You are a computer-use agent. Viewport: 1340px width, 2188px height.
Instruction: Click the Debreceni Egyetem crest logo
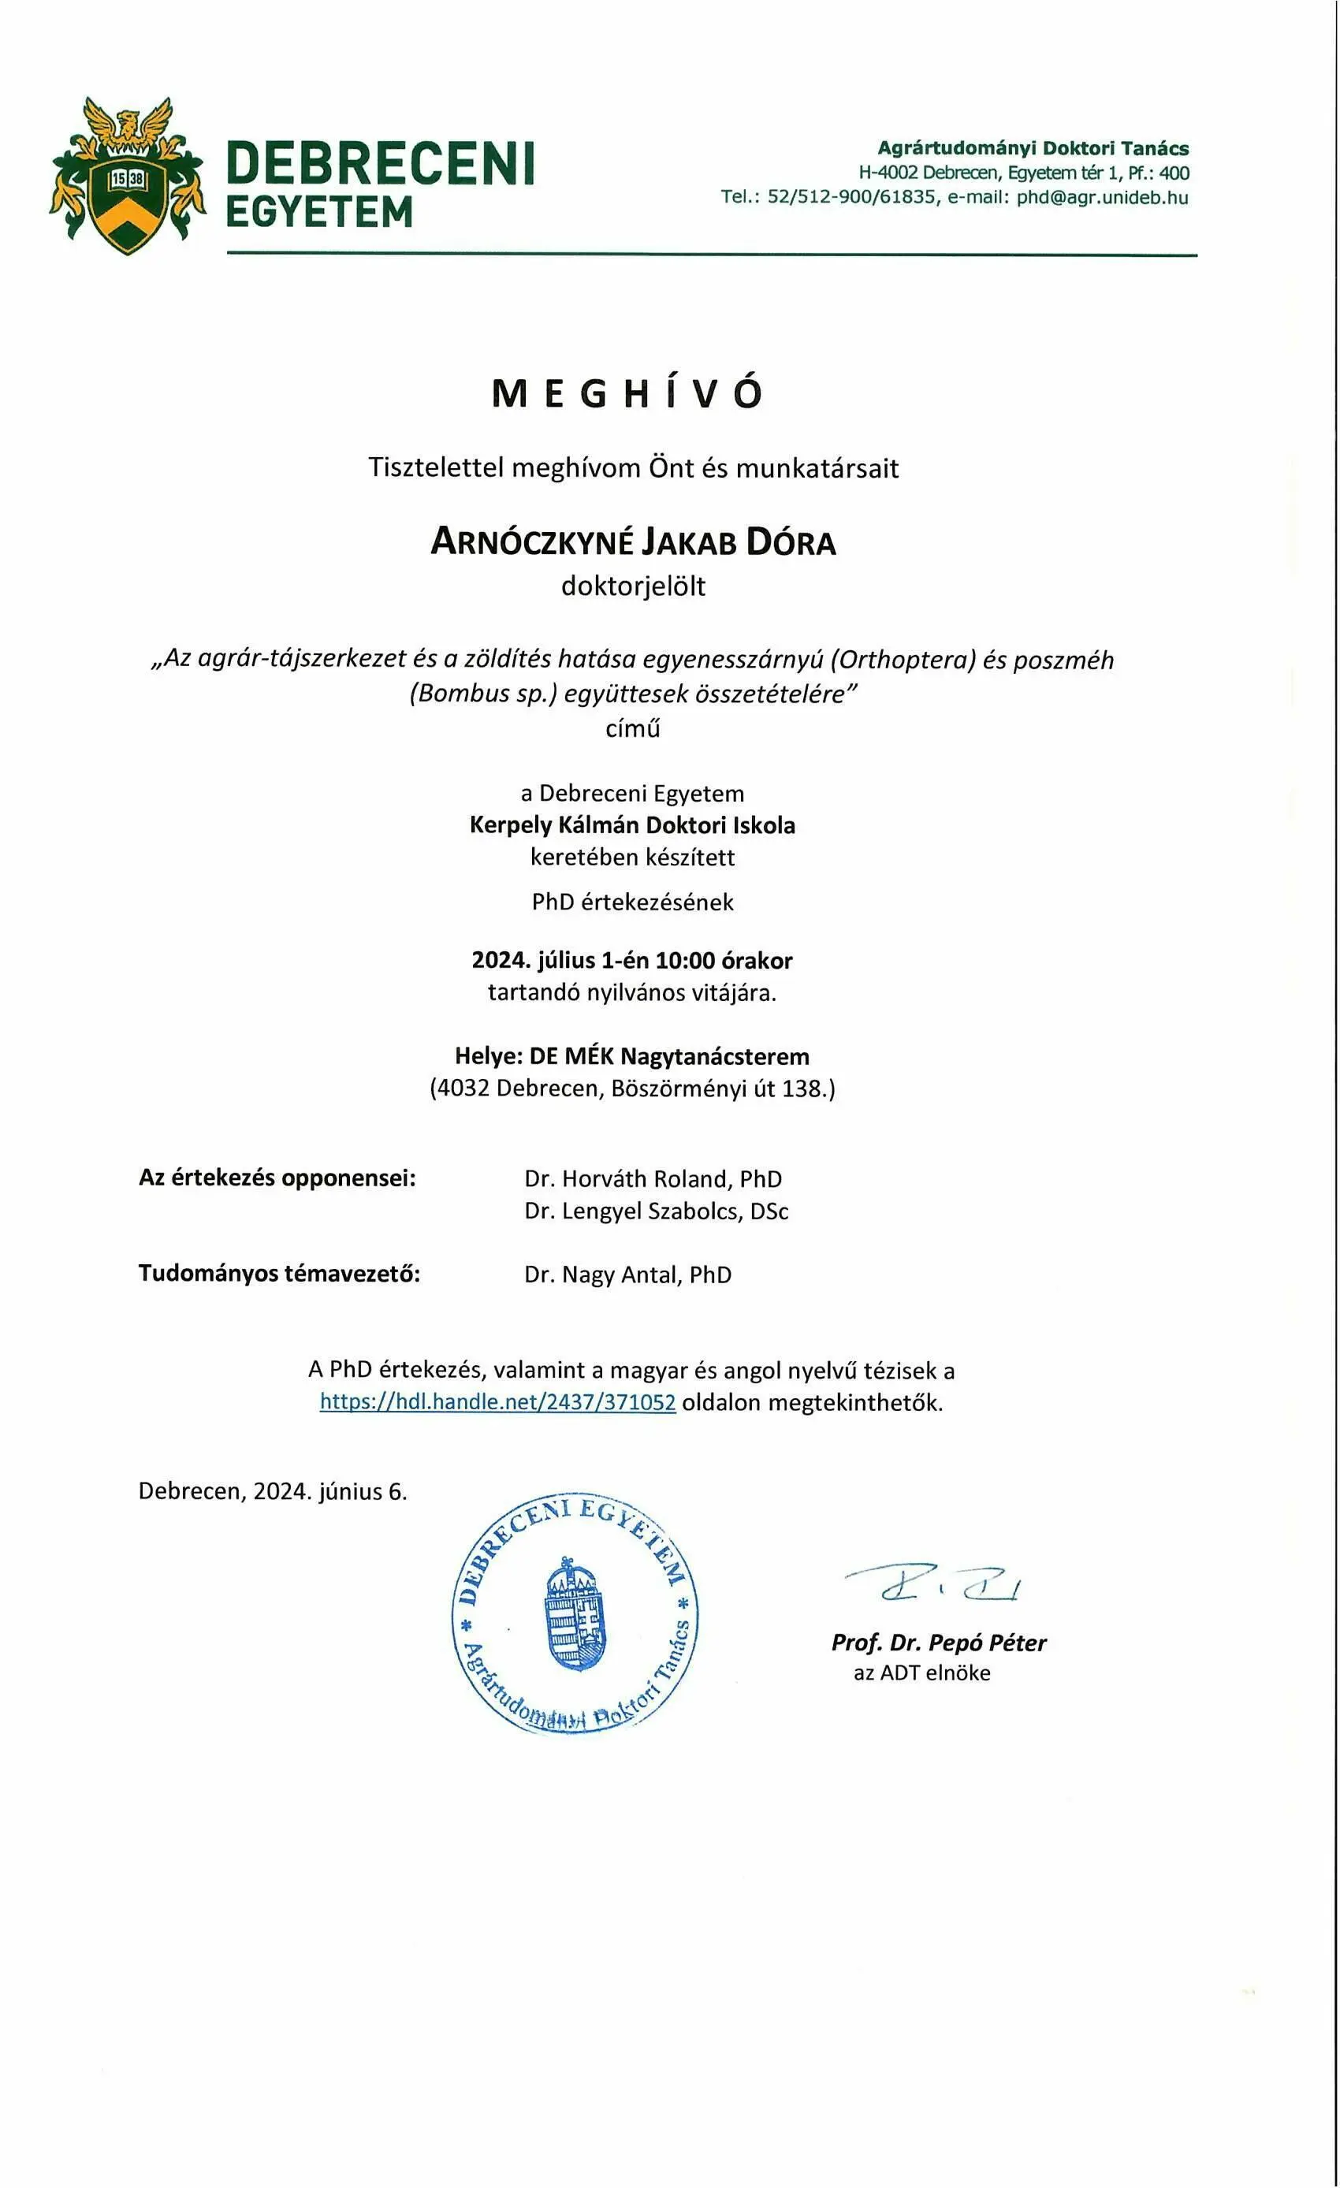click(126, 176)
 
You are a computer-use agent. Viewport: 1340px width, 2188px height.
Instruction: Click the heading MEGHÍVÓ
click(626, 393)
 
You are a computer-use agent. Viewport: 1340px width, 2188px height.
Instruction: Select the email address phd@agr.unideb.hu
click(1102, 197)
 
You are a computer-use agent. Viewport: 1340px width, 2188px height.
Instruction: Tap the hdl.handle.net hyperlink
click(497, 1402)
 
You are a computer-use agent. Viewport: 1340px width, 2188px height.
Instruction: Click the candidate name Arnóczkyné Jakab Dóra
click(632, 541)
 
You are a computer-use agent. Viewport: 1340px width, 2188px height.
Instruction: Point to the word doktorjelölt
click(632, 586)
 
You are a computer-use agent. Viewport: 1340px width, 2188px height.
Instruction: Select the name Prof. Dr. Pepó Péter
click(938, 1643)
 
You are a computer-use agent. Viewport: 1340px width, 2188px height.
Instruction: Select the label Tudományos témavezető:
click(279, 1274)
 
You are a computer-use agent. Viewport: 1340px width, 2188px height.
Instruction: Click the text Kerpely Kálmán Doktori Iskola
click(632, 825)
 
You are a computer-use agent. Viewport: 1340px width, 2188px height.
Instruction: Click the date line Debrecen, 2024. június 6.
click(273, 1491)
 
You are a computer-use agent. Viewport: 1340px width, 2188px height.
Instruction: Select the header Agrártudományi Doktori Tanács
click(1033, 148)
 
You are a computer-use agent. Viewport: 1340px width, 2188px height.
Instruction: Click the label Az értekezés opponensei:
click(277, 1178)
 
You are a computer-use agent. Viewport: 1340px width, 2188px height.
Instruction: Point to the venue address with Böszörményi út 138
click(632, 1088)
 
